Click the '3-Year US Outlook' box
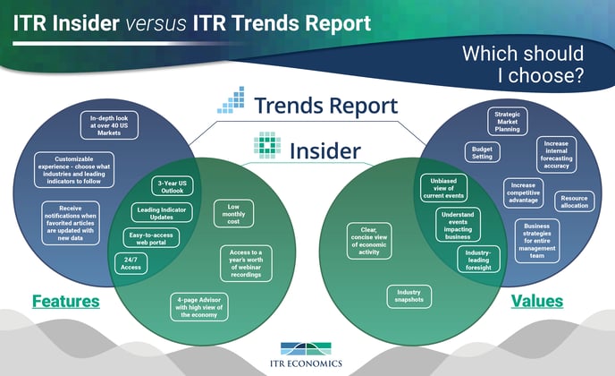[x=173, y=186]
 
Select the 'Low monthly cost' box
[x=233, y=214]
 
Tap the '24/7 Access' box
[x=131, y=263]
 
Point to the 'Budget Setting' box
[x=482, y=152]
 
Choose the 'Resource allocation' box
[x=574, y=201]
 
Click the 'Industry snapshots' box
[x=409, y=296]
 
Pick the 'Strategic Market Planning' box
[x=507, y=122]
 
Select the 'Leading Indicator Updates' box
[x=162, y=213]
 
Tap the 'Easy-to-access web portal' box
[x=151, y=238]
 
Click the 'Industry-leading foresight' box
[x=478, y=260]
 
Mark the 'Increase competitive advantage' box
[x=523, y=192]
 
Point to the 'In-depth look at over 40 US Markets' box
[x=109, y=125]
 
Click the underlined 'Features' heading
[x=66, y=302]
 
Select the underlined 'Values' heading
[x=537, y=302]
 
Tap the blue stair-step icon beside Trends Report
[x=231, y=99]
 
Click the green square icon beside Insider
[x=267, y=145]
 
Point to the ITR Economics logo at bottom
[x=306, y=355]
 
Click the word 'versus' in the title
[x=156, y=23]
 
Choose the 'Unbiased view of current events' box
[x=443, y=188]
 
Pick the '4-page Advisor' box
[x=199, y=307]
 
